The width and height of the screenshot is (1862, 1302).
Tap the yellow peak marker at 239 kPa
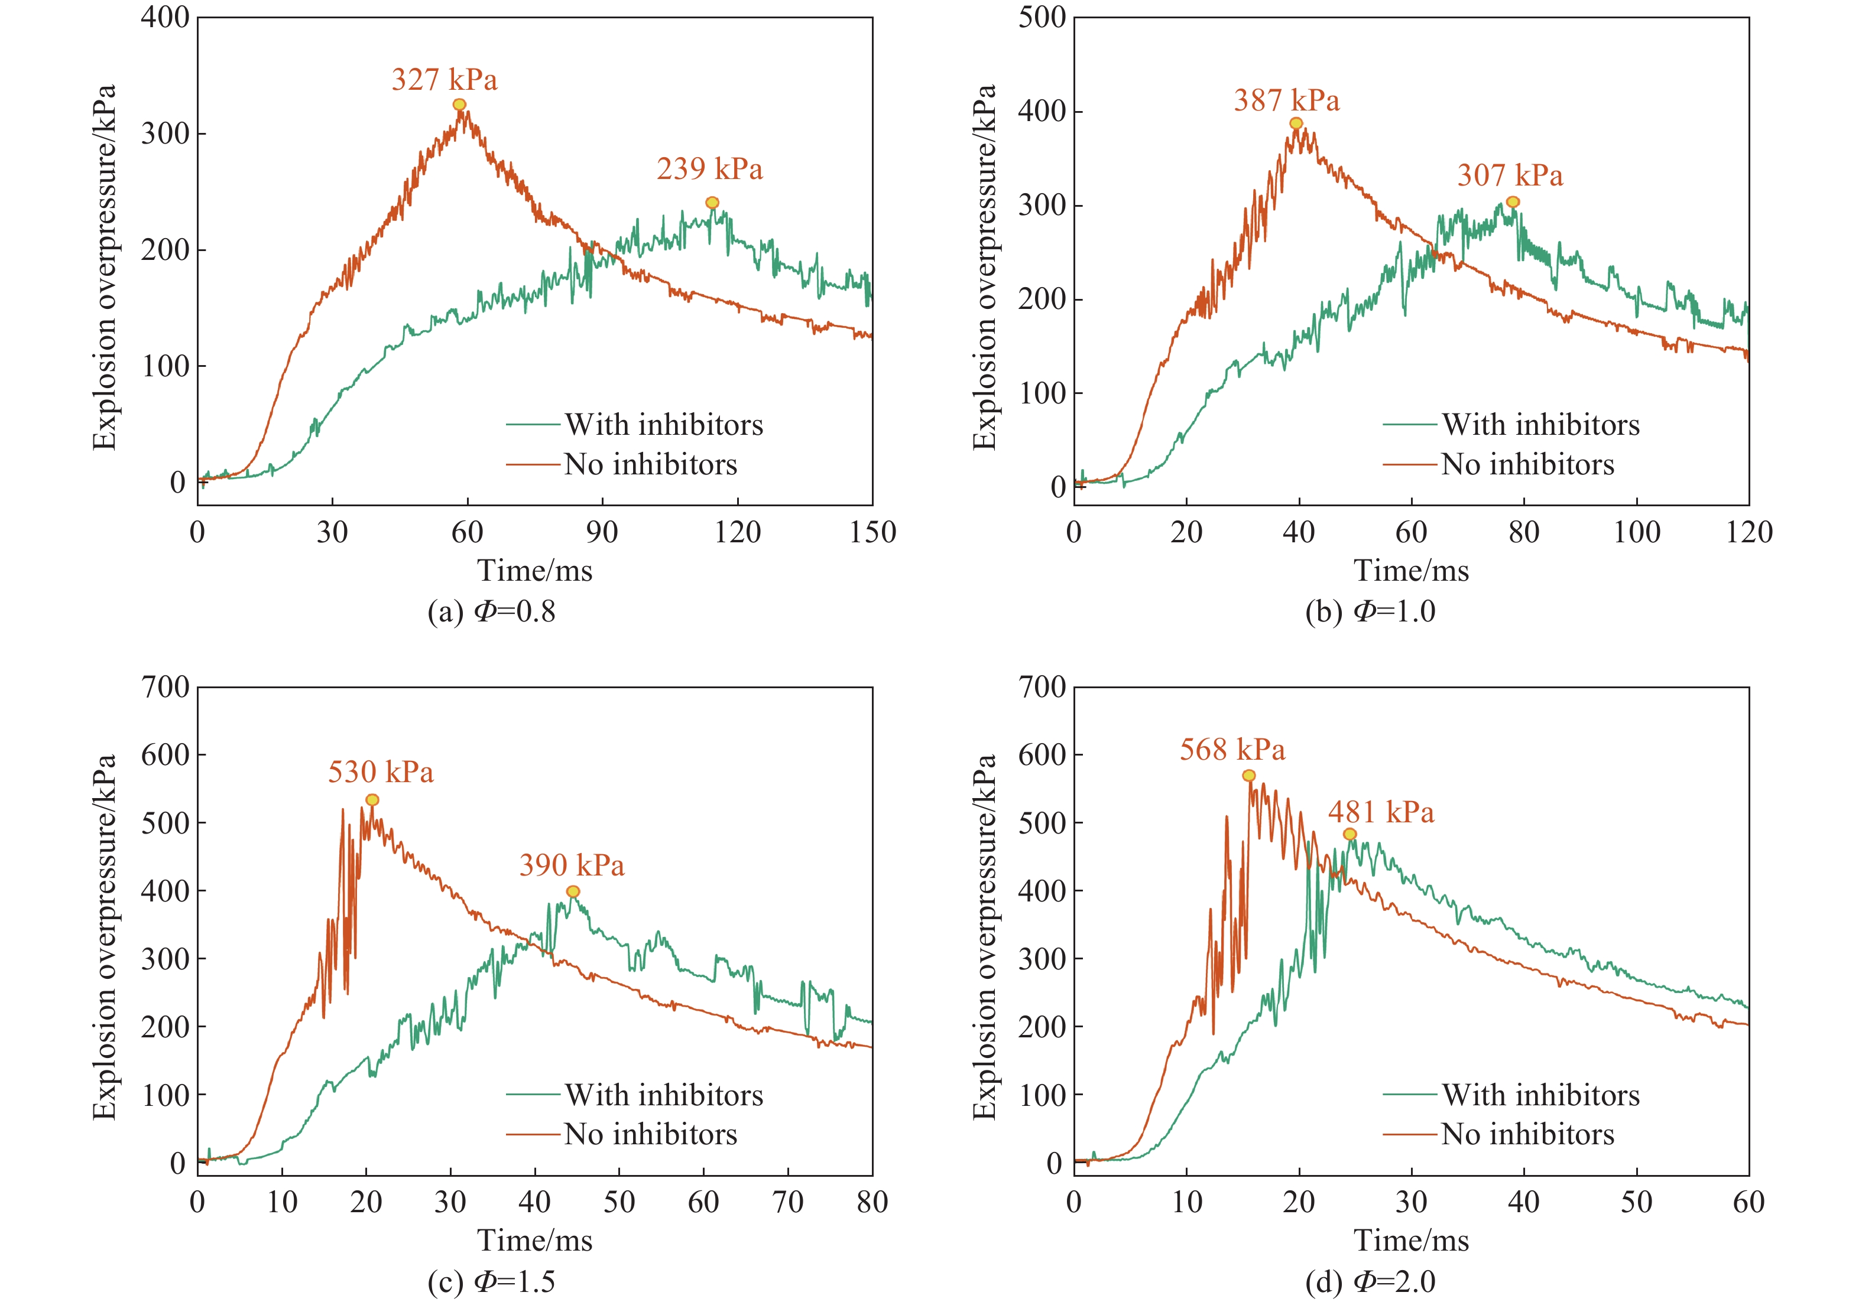click(x=712, y=203)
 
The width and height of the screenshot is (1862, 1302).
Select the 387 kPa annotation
click(x=1286, y=100)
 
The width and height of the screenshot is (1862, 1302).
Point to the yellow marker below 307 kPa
click(x=1513, y=202)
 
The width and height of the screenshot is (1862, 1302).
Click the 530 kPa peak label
click(x=380, y=772)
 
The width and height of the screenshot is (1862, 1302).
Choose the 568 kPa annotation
click(x=1232, y=750)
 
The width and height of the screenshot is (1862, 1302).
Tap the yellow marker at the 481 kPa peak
click(x=1350, y=834)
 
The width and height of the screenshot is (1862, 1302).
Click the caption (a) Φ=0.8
click(x=491, y=611)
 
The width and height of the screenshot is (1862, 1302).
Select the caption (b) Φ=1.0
click(x=1370, y=611)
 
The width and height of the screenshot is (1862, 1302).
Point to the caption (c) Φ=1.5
click(x=491, y=1282)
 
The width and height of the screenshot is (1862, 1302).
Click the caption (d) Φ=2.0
click(x=1370, y=1282)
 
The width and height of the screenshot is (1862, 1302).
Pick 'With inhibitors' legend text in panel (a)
click(x=663, y=425)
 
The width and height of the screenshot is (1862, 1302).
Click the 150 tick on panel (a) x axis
click(x=872, y=533)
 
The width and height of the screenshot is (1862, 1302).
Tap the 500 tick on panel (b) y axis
click(x=1042, y=18)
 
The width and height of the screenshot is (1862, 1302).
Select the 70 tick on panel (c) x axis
click(x=787, y=1202)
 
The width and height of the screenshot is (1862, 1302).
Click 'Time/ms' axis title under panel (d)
click(x=1411, y=1241)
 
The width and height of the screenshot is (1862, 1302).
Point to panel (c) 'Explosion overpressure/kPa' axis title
click(x=105, y=937)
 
